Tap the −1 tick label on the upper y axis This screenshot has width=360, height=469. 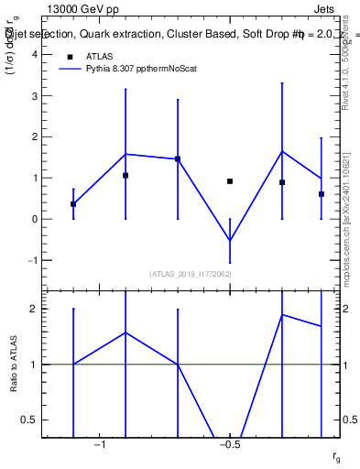(x=32, y=260)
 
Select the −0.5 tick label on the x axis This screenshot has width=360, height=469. (x=229, y=445)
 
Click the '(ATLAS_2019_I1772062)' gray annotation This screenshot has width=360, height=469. (x=191, y=274)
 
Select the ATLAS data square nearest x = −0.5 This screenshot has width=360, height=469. (x=230, y=181)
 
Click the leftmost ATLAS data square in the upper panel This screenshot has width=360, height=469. (x=73, y=204)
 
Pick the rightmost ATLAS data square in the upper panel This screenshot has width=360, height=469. (x=322, y=194)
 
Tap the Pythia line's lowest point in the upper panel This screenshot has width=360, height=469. (x=230, y=241)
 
